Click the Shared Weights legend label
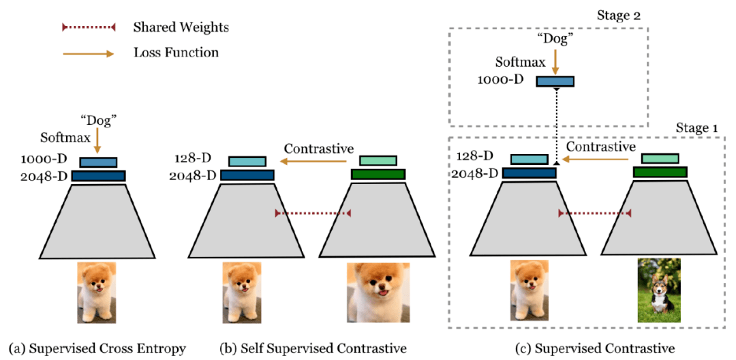[x=181, y=28]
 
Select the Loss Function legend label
[x=176, y=52]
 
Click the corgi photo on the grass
[x=659, y=290]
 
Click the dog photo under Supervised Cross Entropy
[x=97, y=292]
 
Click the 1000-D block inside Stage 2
[x=555, y=82]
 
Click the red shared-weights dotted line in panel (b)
[x=312, y=213]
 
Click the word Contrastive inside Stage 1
[x=601, y=147]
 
